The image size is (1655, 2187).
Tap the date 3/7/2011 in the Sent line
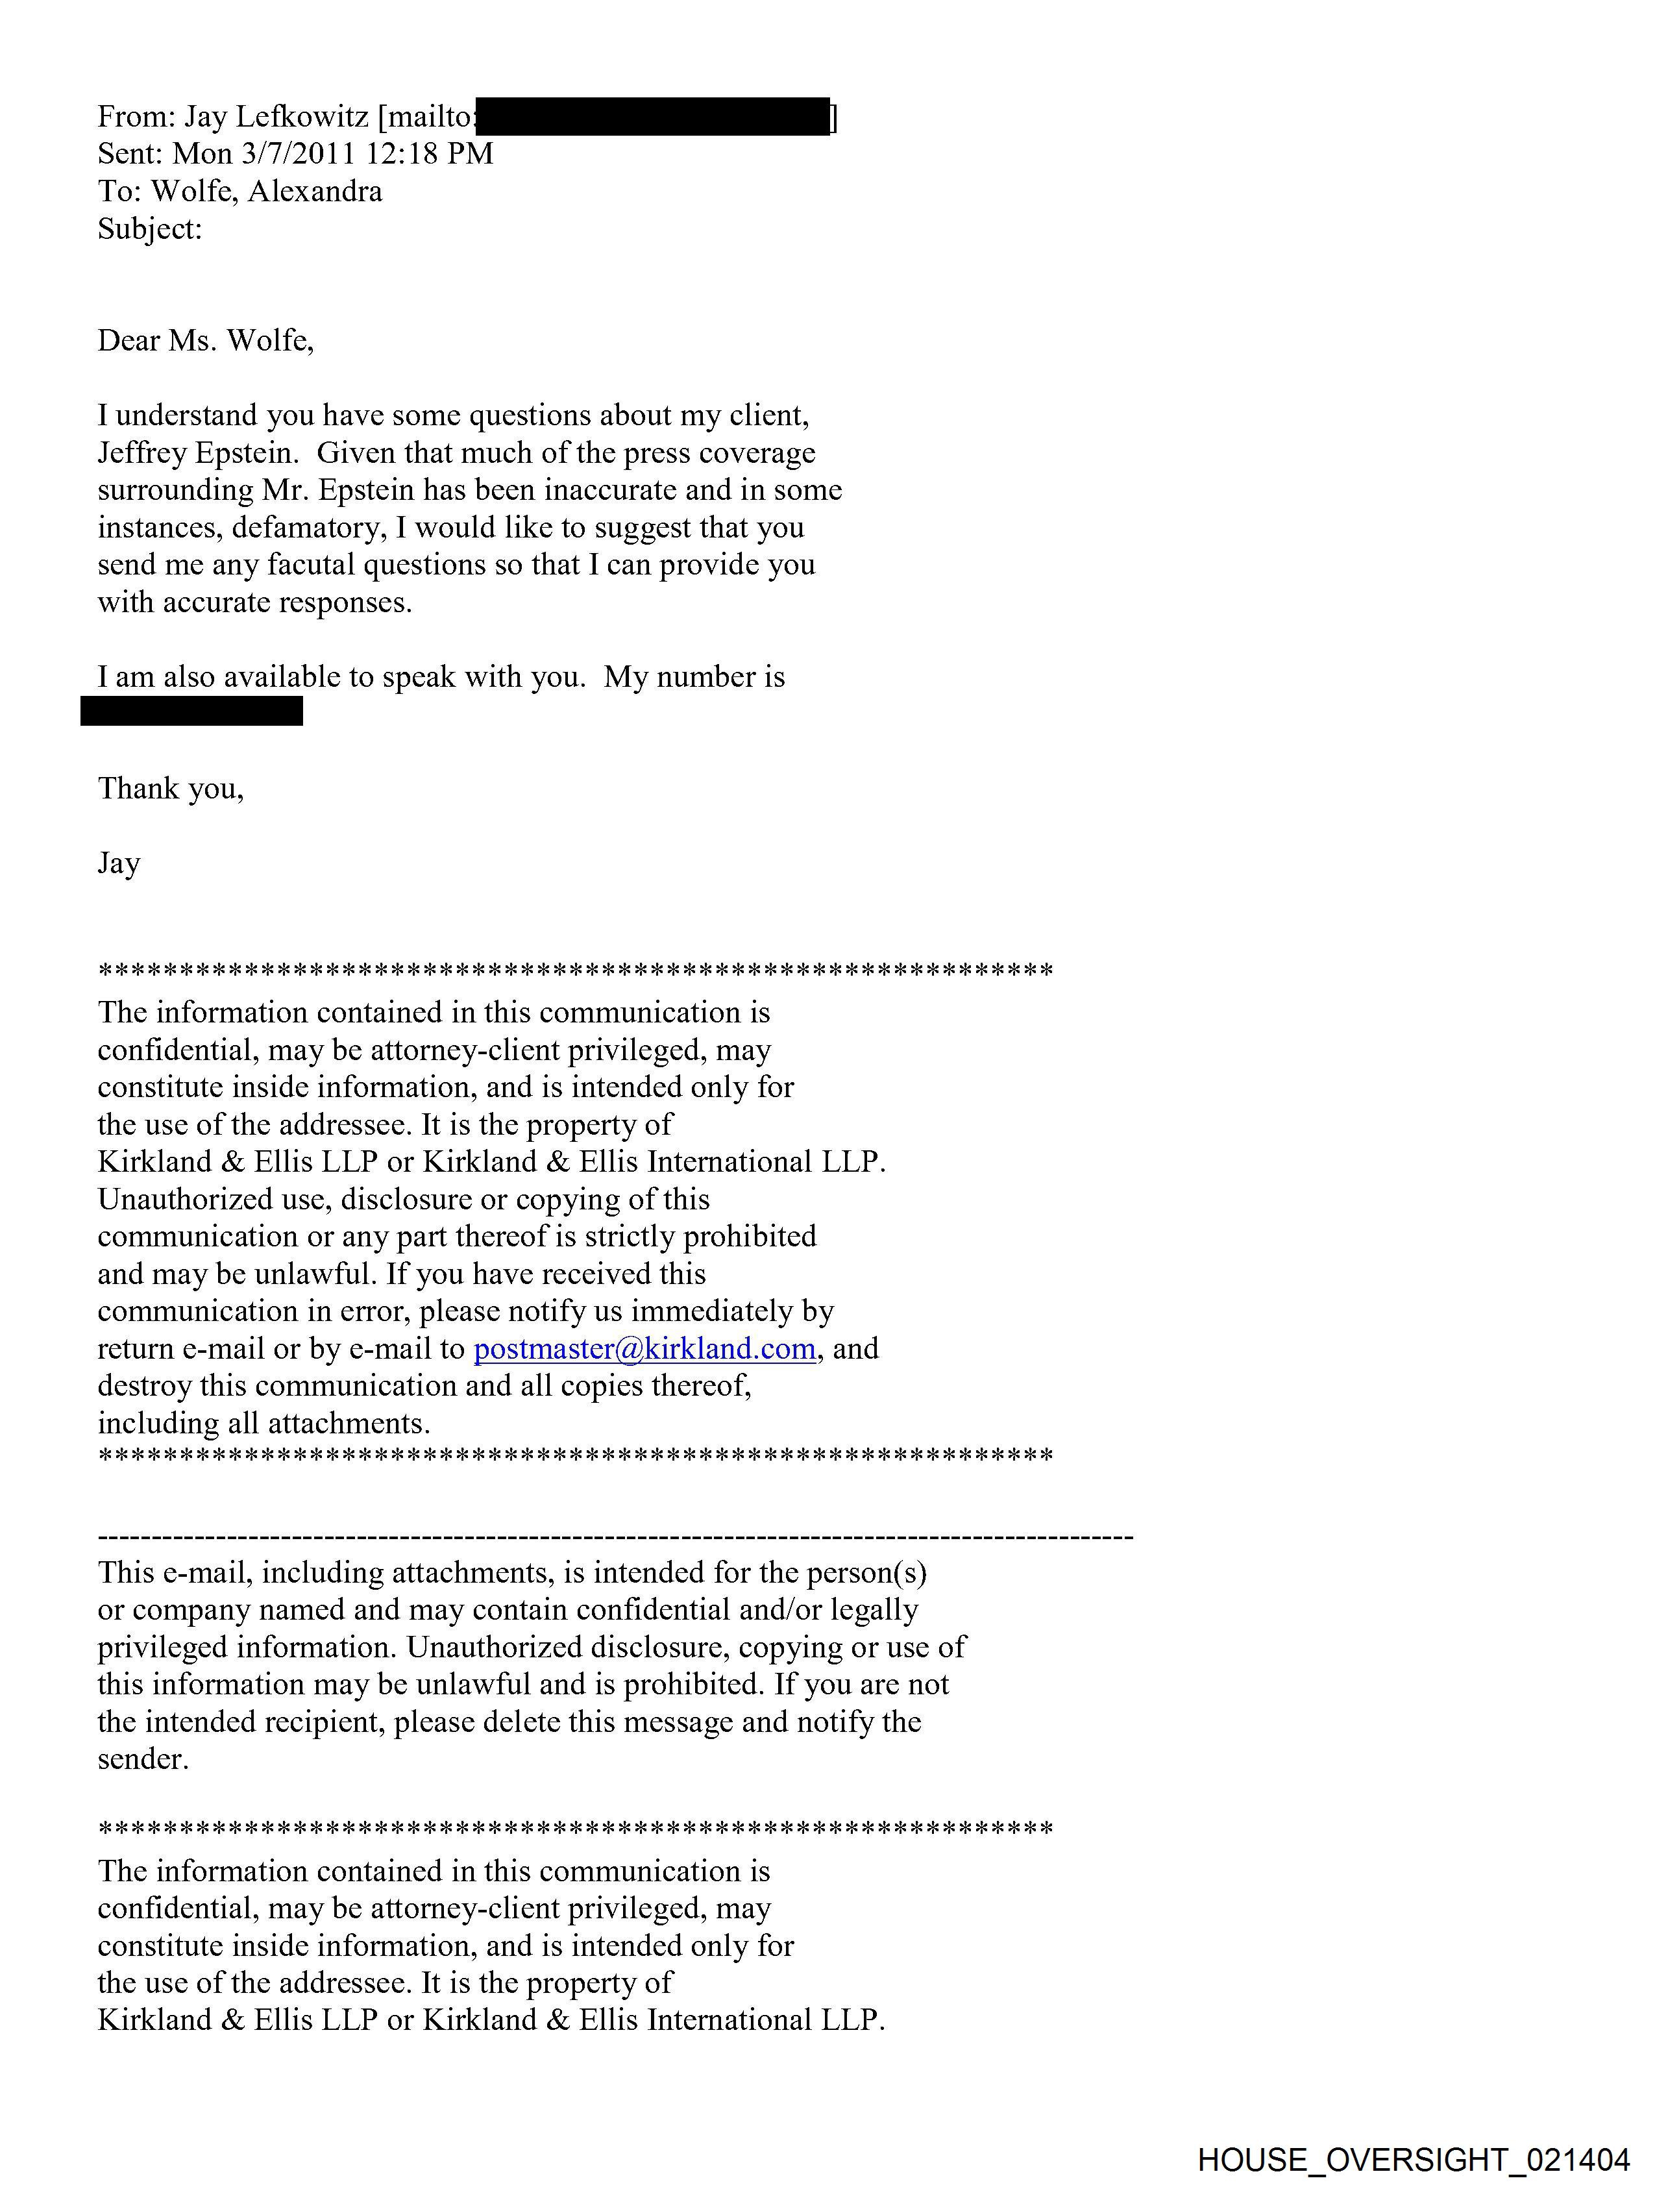(295, 154)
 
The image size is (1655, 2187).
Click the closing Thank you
(170, 789)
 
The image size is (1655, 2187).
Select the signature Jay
(119, 864)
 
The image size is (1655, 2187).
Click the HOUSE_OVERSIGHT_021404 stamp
(1413, 2159)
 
